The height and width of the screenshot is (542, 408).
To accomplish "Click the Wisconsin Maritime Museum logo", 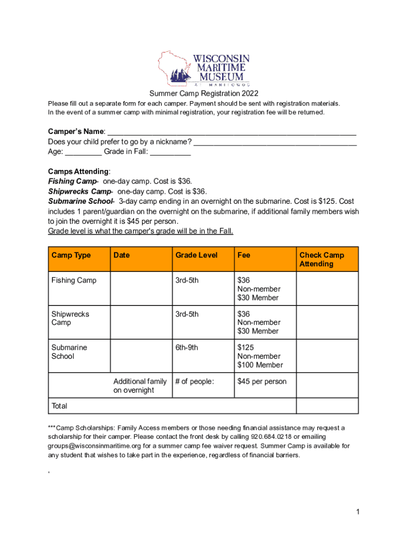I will click(204, 69).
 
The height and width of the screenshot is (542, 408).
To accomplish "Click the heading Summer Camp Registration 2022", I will click(204, 94).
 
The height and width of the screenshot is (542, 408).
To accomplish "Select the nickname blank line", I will click(275, 142).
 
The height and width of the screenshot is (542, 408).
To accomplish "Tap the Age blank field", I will click(83, 152).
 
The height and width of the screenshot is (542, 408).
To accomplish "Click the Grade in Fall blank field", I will click(170, 152).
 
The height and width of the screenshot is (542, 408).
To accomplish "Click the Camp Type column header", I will click(71, 256).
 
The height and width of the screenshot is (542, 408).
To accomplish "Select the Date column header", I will click(121, 256).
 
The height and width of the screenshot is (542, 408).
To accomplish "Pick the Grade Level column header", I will click(197, 256).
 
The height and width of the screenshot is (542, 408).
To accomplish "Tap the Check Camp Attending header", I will click(322, 259).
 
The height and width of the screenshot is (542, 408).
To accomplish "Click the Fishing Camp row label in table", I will click(74, 281).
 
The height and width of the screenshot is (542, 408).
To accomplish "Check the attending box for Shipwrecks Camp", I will click(327, 322).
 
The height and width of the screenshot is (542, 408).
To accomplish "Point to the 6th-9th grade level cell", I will click(187, 348).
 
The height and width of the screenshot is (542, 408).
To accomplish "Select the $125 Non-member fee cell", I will click(260, 356).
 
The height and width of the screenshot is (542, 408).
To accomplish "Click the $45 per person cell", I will click(262, 382).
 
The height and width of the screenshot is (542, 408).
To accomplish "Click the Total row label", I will click(59, 406).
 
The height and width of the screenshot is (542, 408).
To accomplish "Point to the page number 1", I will click(358, 512).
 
